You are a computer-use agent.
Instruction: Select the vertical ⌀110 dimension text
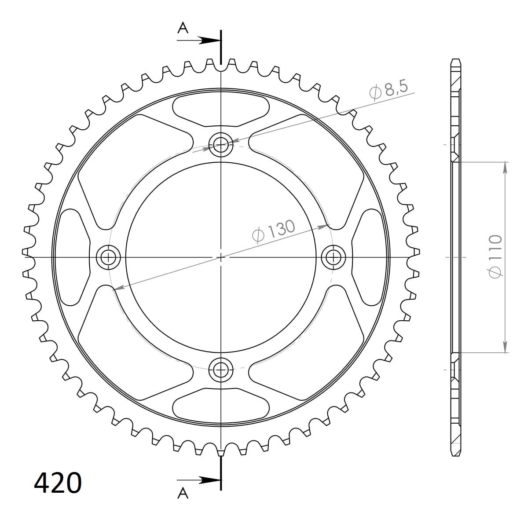[494, 256]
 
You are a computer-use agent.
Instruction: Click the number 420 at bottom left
[58, 483]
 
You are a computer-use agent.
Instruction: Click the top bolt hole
[221, 144]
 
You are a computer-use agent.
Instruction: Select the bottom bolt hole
[221, 370]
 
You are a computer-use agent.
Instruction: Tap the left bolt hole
[108, 256]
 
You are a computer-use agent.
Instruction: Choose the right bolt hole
[333, 256]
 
